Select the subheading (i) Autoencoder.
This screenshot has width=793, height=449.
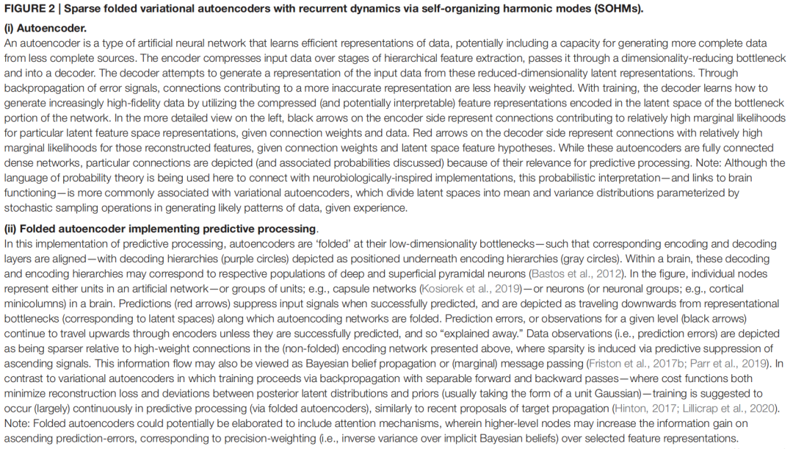46,29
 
